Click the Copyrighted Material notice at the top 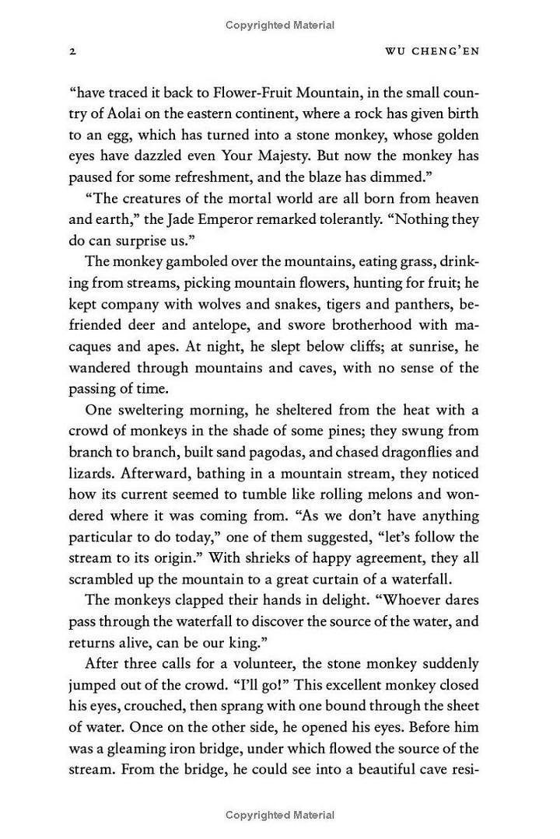280,25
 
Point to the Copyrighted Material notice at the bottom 280,815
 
